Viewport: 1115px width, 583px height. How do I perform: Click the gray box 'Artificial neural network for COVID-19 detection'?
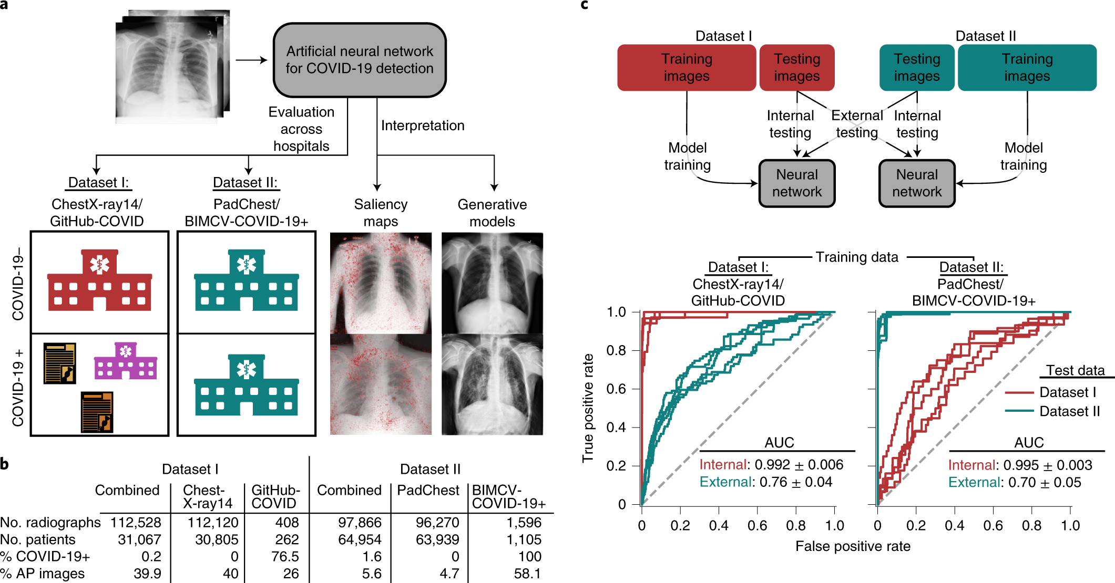(360, 60)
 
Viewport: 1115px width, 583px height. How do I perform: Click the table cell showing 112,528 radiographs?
(136, 523)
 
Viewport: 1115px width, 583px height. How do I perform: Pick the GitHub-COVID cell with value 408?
(287, 523)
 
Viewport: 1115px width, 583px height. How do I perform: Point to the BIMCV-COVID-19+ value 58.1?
(527, 573)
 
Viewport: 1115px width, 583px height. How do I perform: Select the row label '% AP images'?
(43, 573)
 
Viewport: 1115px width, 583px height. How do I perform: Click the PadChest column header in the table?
(428, 490)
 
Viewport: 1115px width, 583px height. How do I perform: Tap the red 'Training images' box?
(687, 68)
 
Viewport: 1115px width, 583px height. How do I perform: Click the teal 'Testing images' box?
(917, 68)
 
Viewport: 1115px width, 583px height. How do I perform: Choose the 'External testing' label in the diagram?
(857, 124)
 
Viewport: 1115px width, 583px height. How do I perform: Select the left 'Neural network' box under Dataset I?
(797, 183)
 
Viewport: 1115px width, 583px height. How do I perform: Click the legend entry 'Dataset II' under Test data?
(1069, 411)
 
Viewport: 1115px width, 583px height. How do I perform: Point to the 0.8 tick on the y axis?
(616, 350)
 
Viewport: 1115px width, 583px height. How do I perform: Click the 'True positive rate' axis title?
(588, 408)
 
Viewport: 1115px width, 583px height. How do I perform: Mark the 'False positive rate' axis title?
(853, 546)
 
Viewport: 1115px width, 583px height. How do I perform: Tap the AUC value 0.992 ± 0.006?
(799, 465)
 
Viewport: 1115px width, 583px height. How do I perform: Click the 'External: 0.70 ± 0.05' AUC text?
(1014, 482)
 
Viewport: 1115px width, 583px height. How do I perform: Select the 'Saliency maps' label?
(381, 213)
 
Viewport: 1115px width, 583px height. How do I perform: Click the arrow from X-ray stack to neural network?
(251, 60)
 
